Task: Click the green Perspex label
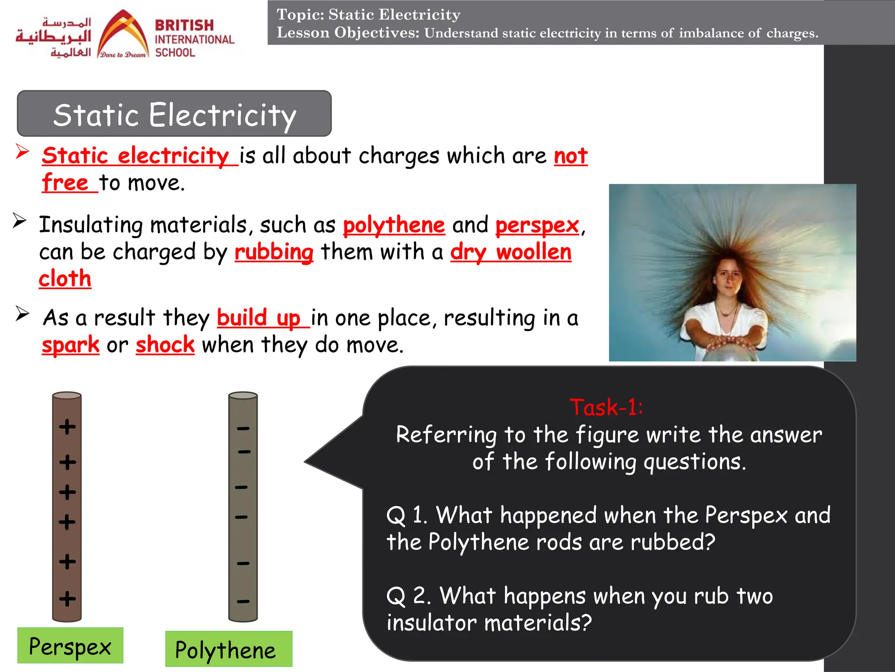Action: pos(70,646)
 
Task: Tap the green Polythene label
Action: pos(228,649)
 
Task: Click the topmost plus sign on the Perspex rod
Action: pos(67,427)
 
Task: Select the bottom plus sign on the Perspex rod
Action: pos(67,598)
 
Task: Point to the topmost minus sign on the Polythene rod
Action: pos(243,428)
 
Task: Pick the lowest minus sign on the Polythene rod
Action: pos(243,601)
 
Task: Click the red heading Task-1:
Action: pos(606,407)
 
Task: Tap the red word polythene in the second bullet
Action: pos(394,225)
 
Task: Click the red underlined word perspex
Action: pos(537,225)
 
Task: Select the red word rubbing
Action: pos(274,252)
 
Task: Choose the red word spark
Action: pos(71,345)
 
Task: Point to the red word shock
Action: pos(165,345)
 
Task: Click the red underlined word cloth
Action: pos(65,279)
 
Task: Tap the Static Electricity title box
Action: pos(174,114)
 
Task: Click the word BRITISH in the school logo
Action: pos(184,25)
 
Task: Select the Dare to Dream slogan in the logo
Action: pos(123,55)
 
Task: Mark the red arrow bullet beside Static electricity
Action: pos(22,151)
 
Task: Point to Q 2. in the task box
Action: pos(409,596)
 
